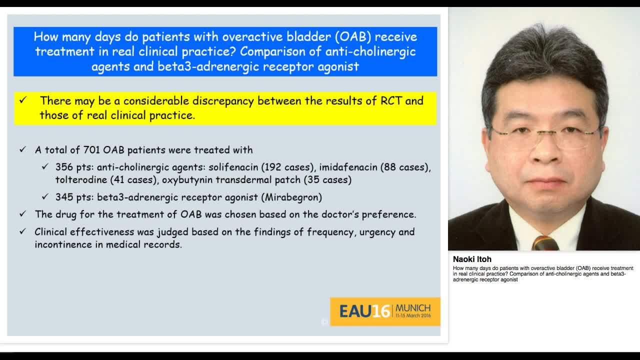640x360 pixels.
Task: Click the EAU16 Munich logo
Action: pos(384,311)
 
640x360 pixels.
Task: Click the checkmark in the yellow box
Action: pos(23,100)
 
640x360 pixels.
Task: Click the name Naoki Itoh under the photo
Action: pos(472,259)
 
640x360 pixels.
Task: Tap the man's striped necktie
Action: pos(544,243)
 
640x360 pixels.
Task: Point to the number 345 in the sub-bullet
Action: pos(65,197)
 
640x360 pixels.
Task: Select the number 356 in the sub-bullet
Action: pos(65,167)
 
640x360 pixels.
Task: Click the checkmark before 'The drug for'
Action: pos(23,214)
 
